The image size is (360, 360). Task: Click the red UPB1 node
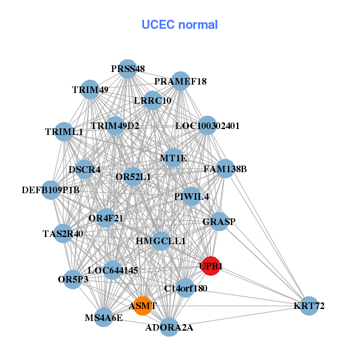point(211,266)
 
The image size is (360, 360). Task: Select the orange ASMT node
point(143,305)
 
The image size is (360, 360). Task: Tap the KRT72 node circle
point(309,306)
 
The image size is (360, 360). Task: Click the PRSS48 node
point(127,69)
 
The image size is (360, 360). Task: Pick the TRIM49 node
point(90,90)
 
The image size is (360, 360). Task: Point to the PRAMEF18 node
point(181,81)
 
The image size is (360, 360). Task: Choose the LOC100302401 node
point(208,126)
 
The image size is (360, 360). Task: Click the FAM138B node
point(225,169)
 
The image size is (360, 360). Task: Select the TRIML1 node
point(64,131)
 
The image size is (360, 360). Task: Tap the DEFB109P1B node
point(51,190)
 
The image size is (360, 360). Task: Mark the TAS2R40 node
point(63,234)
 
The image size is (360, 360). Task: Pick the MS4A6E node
point(104,317)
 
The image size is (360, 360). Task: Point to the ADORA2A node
point(169,328)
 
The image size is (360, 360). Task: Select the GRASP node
point(219,221)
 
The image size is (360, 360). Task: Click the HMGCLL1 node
point(161,241)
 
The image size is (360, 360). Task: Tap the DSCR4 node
point(85,169)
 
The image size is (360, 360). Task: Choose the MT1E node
point(173,158)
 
